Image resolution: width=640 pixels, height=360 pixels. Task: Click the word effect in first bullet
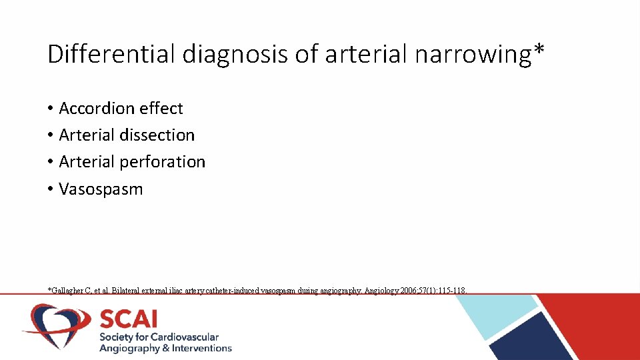click(x=161, y=108)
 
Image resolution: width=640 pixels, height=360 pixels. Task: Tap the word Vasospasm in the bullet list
click(x=101, y=189)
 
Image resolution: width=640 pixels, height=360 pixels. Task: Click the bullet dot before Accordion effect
click(x=51, y=109)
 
